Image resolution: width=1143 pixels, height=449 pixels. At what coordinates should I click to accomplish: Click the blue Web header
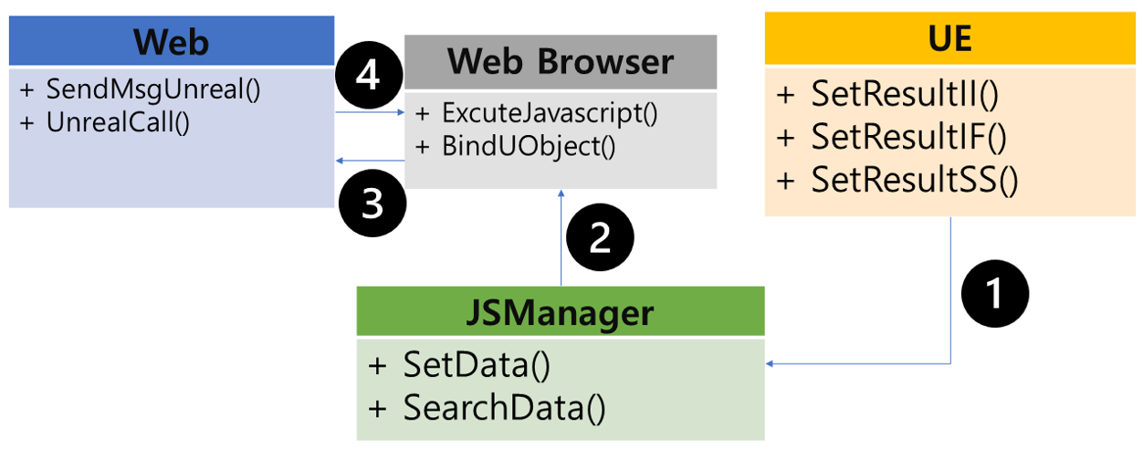click(171, 42)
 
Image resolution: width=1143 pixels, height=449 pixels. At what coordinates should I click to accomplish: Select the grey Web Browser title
click(561, 62)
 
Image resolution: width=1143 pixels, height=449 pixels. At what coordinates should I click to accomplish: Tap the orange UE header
click(950, 39)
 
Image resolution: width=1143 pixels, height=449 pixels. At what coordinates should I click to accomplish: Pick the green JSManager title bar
click(561, 312)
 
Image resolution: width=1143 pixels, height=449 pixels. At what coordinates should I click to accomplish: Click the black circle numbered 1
click(996, 293)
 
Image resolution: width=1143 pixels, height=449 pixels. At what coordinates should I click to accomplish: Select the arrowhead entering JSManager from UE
click(771, 364)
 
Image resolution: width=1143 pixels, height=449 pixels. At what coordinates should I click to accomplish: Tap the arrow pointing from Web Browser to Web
click(369, 161)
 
